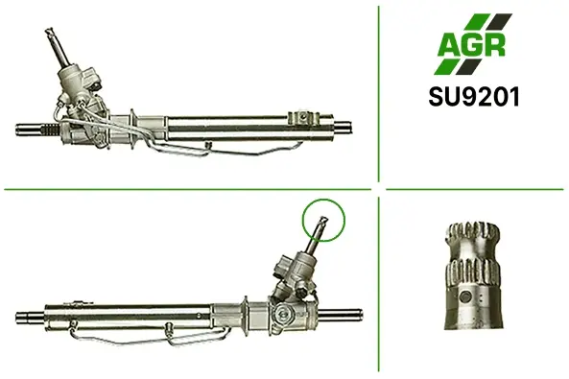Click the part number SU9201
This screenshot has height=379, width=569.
point(474,97)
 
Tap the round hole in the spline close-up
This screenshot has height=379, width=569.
point(464,297)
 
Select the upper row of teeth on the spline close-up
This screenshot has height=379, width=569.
point(473,233)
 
